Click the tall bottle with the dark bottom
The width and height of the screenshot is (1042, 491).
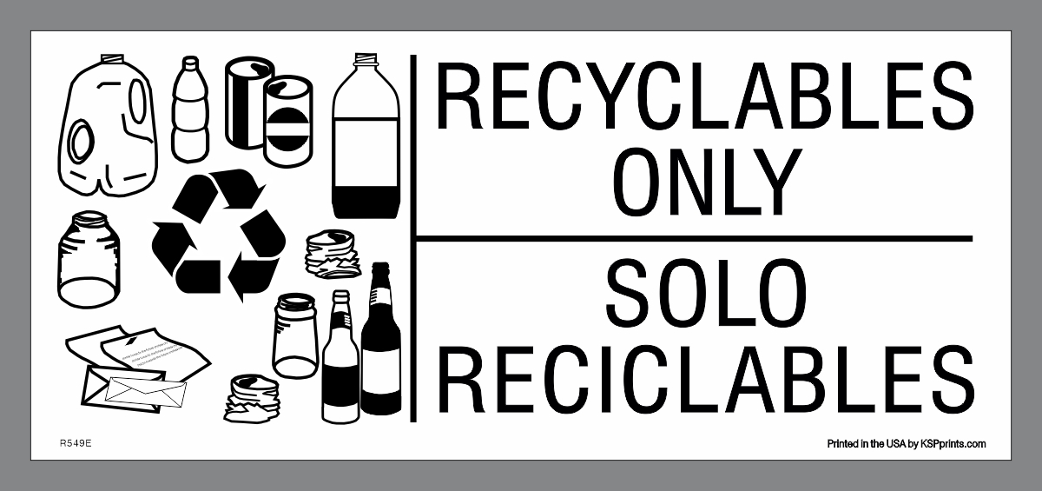coord(366,139)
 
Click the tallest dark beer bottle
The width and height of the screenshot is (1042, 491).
coord(380,343)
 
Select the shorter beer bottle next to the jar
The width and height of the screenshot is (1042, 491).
coord(339,361)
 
